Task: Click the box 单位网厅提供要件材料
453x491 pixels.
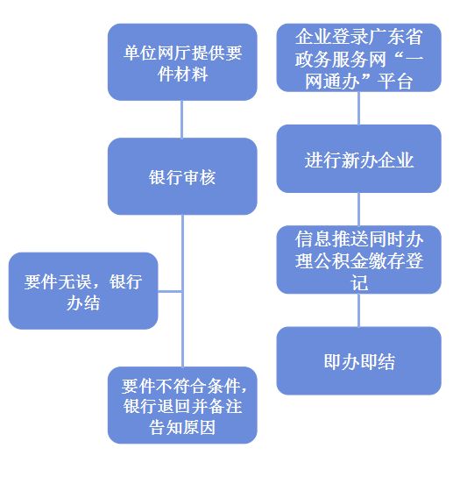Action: [x=182, y=62]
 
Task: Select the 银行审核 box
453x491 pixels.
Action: [x=182, y=176]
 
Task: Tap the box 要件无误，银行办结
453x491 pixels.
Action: [x=83, y=291]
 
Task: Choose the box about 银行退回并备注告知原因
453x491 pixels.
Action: [x=182, y=405]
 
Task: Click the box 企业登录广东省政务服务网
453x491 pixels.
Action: [x=359, y=58]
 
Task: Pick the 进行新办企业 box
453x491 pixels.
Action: [x=359, y=159]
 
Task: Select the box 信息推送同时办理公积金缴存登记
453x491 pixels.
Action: [x=359, y=260]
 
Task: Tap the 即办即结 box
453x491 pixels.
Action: [x=359, y=360]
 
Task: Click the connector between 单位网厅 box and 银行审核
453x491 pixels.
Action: [x=182, y=119]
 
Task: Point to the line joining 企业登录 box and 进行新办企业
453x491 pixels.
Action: [x=358, y=109]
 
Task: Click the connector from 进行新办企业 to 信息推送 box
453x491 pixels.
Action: [x=358, y=210]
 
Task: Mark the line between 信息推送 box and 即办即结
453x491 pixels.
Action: [x=358, y=310]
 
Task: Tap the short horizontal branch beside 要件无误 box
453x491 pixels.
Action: [x=170, y=292]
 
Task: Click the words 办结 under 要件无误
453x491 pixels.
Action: [x=83, y=302]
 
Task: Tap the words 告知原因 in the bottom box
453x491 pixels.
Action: [x=182, y=428]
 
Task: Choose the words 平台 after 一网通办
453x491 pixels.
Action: [x=395, y=82]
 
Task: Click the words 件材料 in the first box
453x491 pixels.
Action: [x=182, y=75]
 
